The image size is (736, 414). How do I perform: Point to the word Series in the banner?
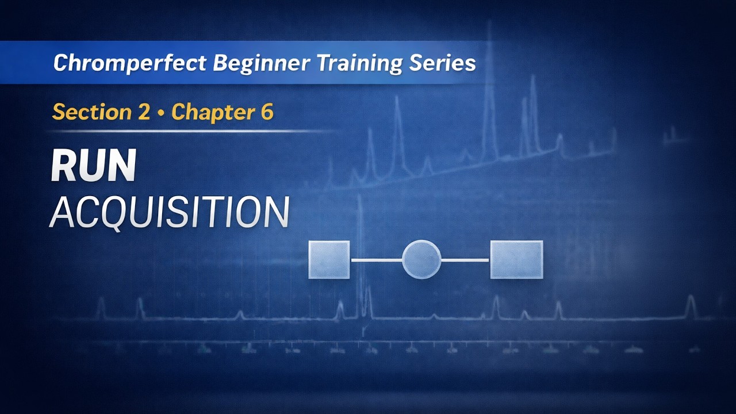point(443,63)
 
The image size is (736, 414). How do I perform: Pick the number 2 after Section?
point(143,112)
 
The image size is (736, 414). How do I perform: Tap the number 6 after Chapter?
point(266,112)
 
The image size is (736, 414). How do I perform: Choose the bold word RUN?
point(93,166)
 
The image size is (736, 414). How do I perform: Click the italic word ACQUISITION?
point(169,212)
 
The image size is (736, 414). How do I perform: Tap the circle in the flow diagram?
point(421,259)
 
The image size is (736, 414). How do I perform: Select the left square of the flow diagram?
point(329,259)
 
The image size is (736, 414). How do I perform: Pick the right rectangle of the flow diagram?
point(516,259)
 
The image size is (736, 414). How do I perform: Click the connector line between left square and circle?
point(376,260)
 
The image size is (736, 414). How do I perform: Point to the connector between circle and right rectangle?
point(465,260)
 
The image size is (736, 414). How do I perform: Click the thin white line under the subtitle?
point(190,132)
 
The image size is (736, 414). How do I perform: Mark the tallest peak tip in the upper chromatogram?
point(489,26)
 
